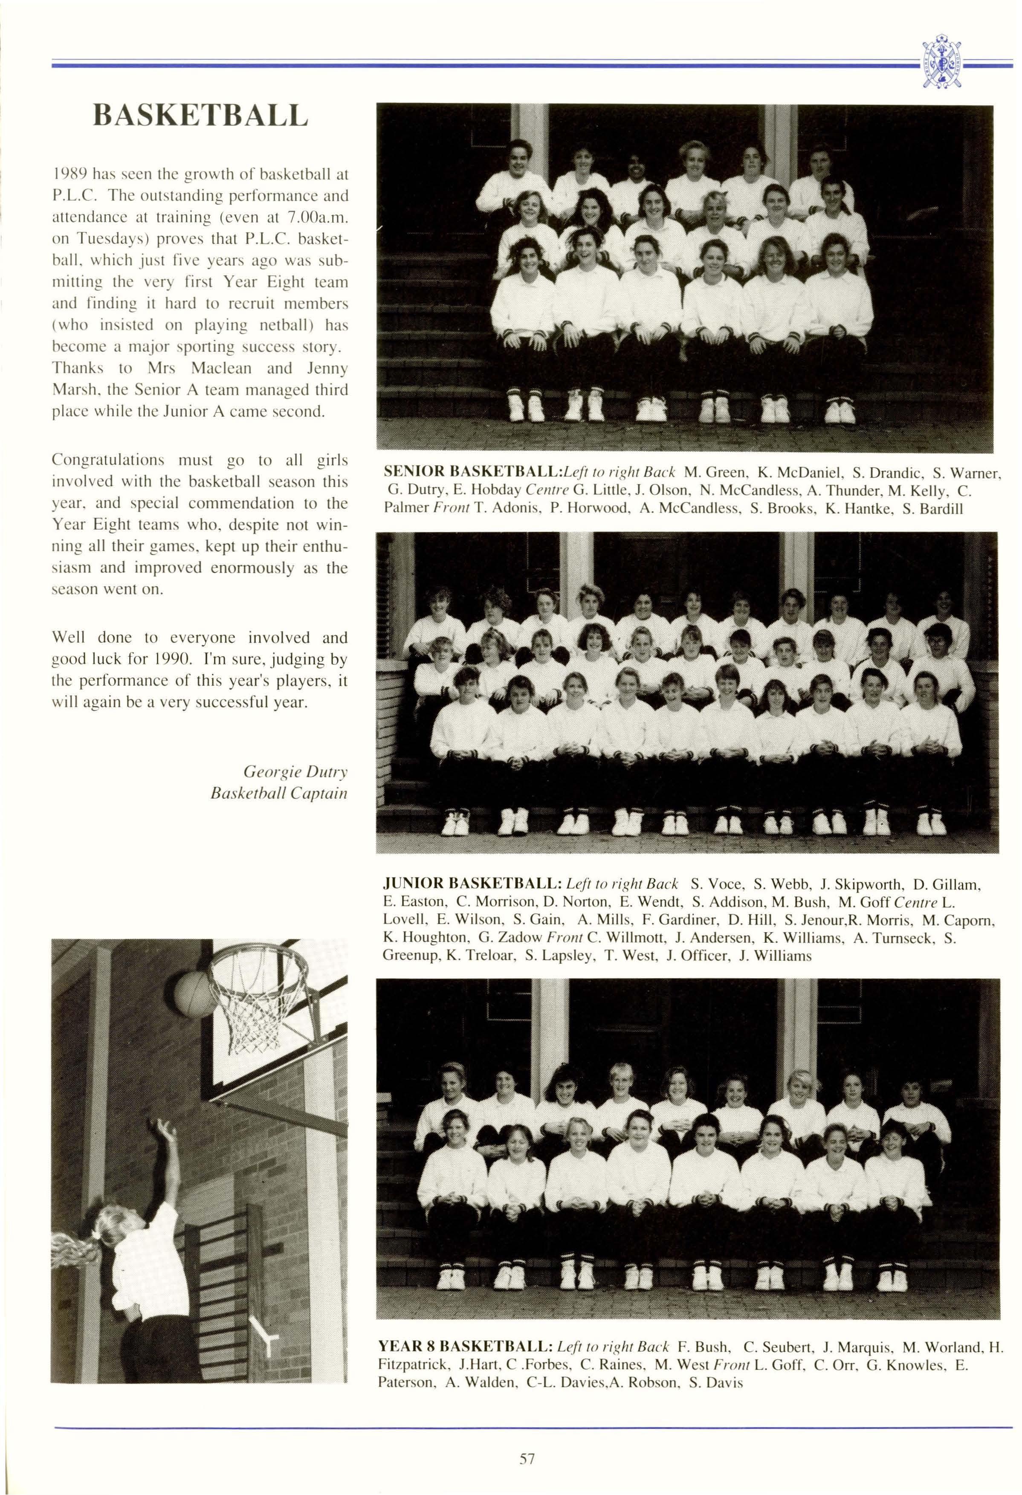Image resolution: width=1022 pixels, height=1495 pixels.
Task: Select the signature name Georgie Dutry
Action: coord(295,771)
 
